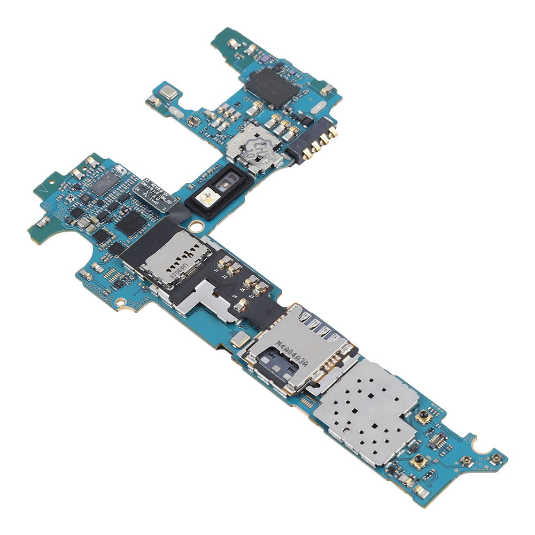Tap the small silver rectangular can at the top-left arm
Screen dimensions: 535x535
pos(168,92)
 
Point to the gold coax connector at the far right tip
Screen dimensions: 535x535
pos(497,458)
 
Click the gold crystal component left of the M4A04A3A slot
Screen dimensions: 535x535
pos(239,338)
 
